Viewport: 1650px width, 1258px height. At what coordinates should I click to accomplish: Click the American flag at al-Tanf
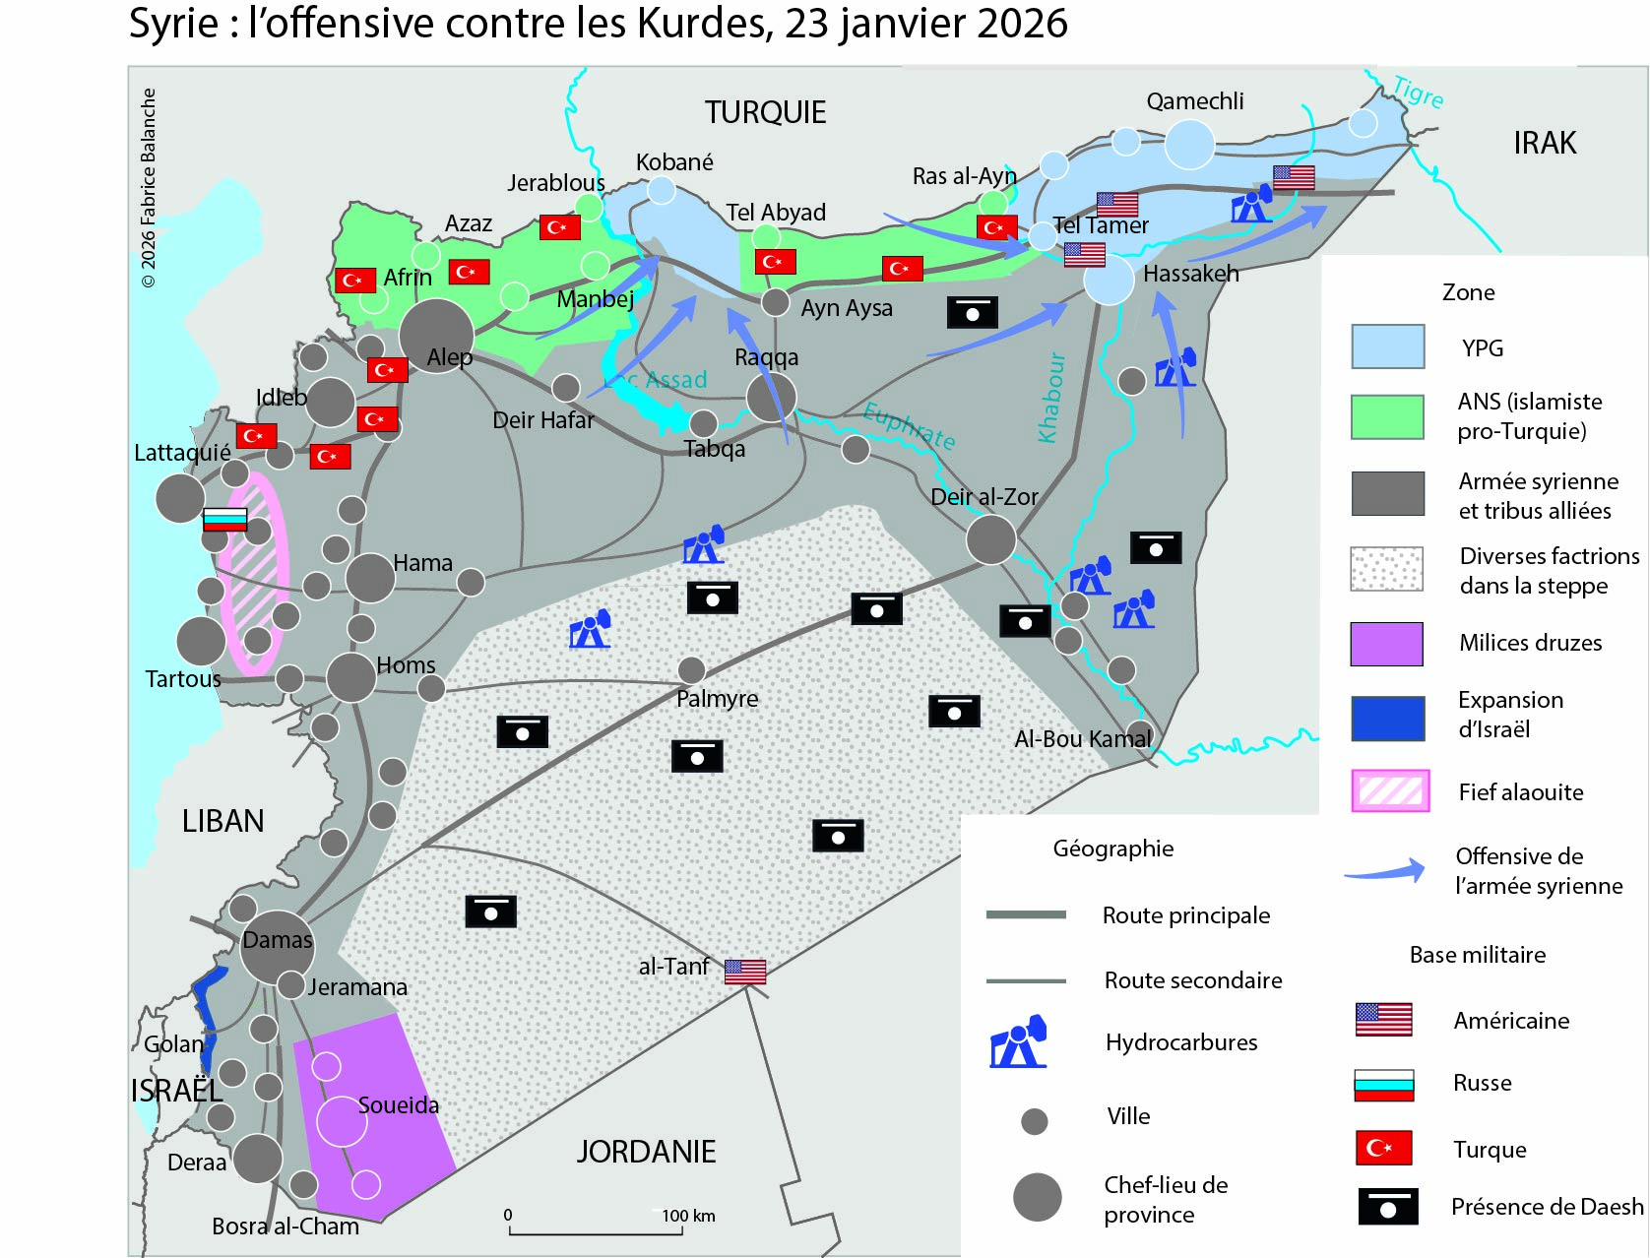coord(745,972)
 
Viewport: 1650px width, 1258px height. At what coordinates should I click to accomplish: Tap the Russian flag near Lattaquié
coord(224,519)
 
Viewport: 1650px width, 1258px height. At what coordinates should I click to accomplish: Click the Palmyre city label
coord(717,699)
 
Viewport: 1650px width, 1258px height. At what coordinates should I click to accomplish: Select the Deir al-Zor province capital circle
coord(990,539)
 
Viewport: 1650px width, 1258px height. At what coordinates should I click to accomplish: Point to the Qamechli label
coord(1194,101)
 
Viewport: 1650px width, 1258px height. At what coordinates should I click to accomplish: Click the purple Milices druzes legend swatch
coord(1386,644)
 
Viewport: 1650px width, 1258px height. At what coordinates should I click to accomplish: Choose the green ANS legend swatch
coord(1386,416)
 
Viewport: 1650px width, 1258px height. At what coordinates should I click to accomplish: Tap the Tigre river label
coord(1418,93)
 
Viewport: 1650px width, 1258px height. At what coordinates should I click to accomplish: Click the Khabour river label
coord(1051,398)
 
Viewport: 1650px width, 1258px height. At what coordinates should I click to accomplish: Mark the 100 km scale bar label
coord(688,1216)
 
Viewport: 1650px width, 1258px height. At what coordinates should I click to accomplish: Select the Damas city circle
coord(277,946)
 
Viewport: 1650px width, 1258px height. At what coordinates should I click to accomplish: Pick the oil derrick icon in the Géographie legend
coord(1018,1042)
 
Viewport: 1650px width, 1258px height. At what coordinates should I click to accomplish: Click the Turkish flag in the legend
coord(1383,1148)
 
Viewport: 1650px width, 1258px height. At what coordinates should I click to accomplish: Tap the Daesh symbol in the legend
coord(1387,1207)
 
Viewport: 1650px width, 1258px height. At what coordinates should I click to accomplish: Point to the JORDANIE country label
coord(646,1152)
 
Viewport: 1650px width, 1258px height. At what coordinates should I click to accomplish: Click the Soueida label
coord(398,1105)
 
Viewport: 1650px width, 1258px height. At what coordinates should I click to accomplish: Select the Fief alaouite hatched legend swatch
coord(1390,791)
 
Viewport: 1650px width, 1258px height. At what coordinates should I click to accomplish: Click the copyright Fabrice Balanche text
coord(149,187)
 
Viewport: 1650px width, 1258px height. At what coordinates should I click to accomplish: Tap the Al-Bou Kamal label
coord(1082,739)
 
